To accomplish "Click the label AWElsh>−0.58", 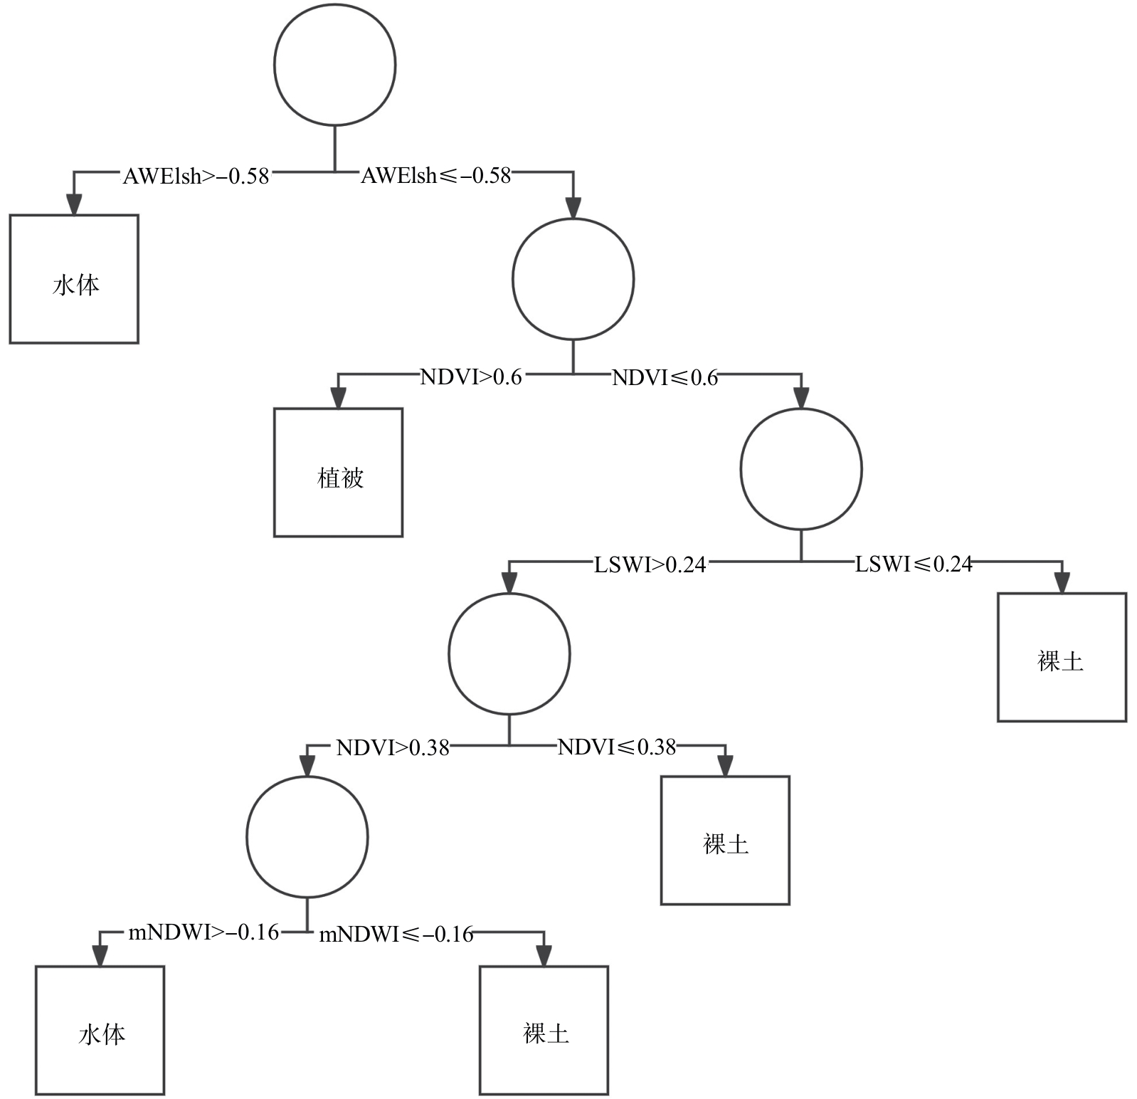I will (196, 176).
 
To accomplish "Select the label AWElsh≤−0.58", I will (435, 175).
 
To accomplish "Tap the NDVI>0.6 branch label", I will (471, 377).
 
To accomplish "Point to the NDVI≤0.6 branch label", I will (665, 377).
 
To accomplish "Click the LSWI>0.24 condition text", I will (650, 564).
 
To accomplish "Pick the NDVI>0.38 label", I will (393, 747).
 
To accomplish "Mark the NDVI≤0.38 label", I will (616, 747).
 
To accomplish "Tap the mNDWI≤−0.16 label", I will (396, 934).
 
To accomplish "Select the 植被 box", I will (339, 473).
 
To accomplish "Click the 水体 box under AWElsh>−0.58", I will (74, 279).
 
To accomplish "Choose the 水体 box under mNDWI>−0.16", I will (100, 1030).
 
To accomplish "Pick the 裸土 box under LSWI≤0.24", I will (1062, 657).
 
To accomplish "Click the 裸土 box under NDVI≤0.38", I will (725, 840).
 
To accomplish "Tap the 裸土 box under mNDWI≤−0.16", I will (544, 1030).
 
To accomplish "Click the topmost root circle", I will (334, 65).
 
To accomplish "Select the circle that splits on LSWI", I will (801, 469).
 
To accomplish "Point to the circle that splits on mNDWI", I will (307, 837).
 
